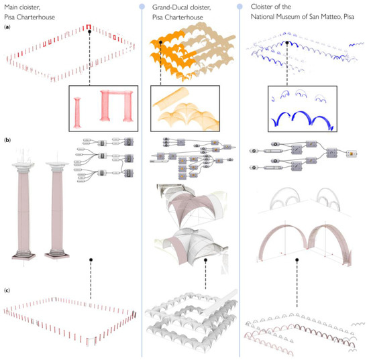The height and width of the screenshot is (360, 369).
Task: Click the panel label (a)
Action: [x=7, y=27]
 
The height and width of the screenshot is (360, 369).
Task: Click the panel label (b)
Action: [x=7, y=140]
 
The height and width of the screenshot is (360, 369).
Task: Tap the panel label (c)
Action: [x=7, y=290]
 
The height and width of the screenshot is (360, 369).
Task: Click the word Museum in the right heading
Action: [x=287, y=17]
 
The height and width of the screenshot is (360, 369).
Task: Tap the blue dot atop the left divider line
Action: [x=142, y=6]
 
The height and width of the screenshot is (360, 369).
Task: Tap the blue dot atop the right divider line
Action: [x=240, y=6]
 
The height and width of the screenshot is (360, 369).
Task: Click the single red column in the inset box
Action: [x=77, y=113]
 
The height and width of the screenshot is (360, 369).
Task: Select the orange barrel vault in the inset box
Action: [x=170, y=97]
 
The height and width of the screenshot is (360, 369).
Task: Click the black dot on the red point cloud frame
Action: [x=89, y=32]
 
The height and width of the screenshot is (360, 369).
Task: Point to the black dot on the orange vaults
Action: [x=160, y=42]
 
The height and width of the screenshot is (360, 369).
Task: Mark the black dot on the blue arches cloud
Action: [x=287, y=43]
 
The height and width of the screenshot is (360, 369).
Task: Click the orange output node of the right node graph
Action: [x=352, y=154]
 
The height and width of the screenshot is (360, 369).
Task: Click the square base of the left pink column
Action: [x=23, y=256]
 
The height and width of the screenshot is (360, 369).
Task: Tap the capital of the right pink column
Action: [x=57, y=166]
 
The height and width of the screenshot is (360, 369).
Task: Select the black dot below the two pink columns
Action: [x=91, y=259]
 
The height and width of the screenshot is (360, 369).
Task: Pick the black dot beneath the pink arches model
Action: [x=297, y=260]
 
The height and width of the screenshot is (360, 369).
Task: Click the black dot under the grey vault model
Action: [x=205, y=260]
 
